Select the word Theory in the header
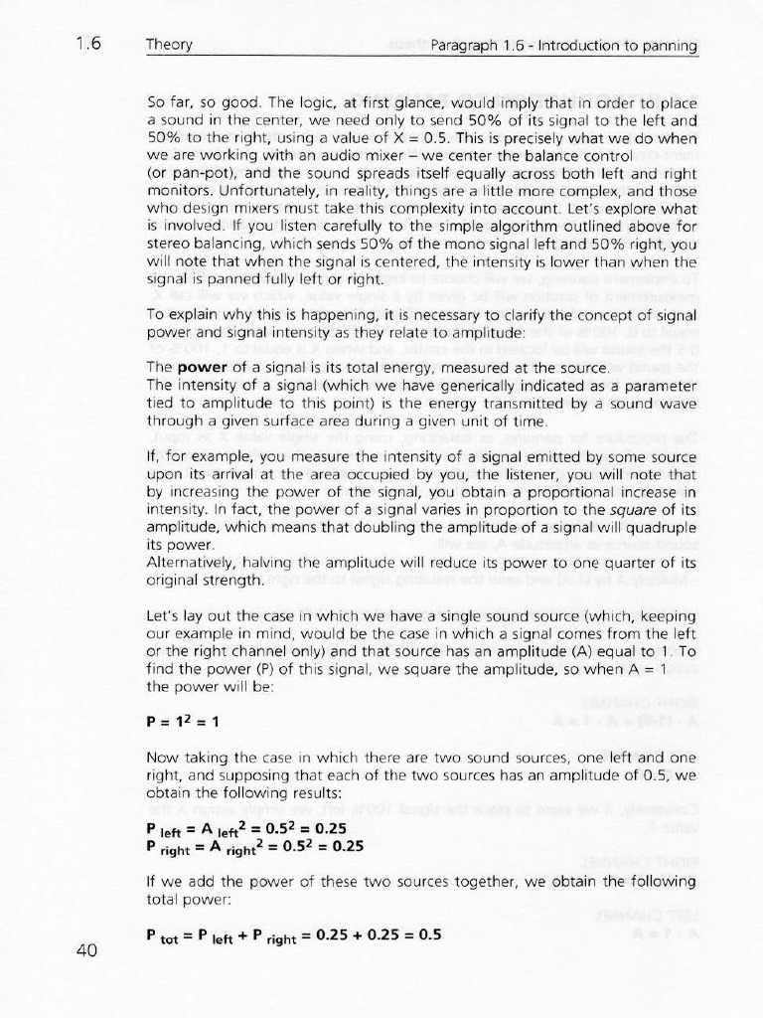point(169,45)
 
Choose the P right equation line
point(254,846)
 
